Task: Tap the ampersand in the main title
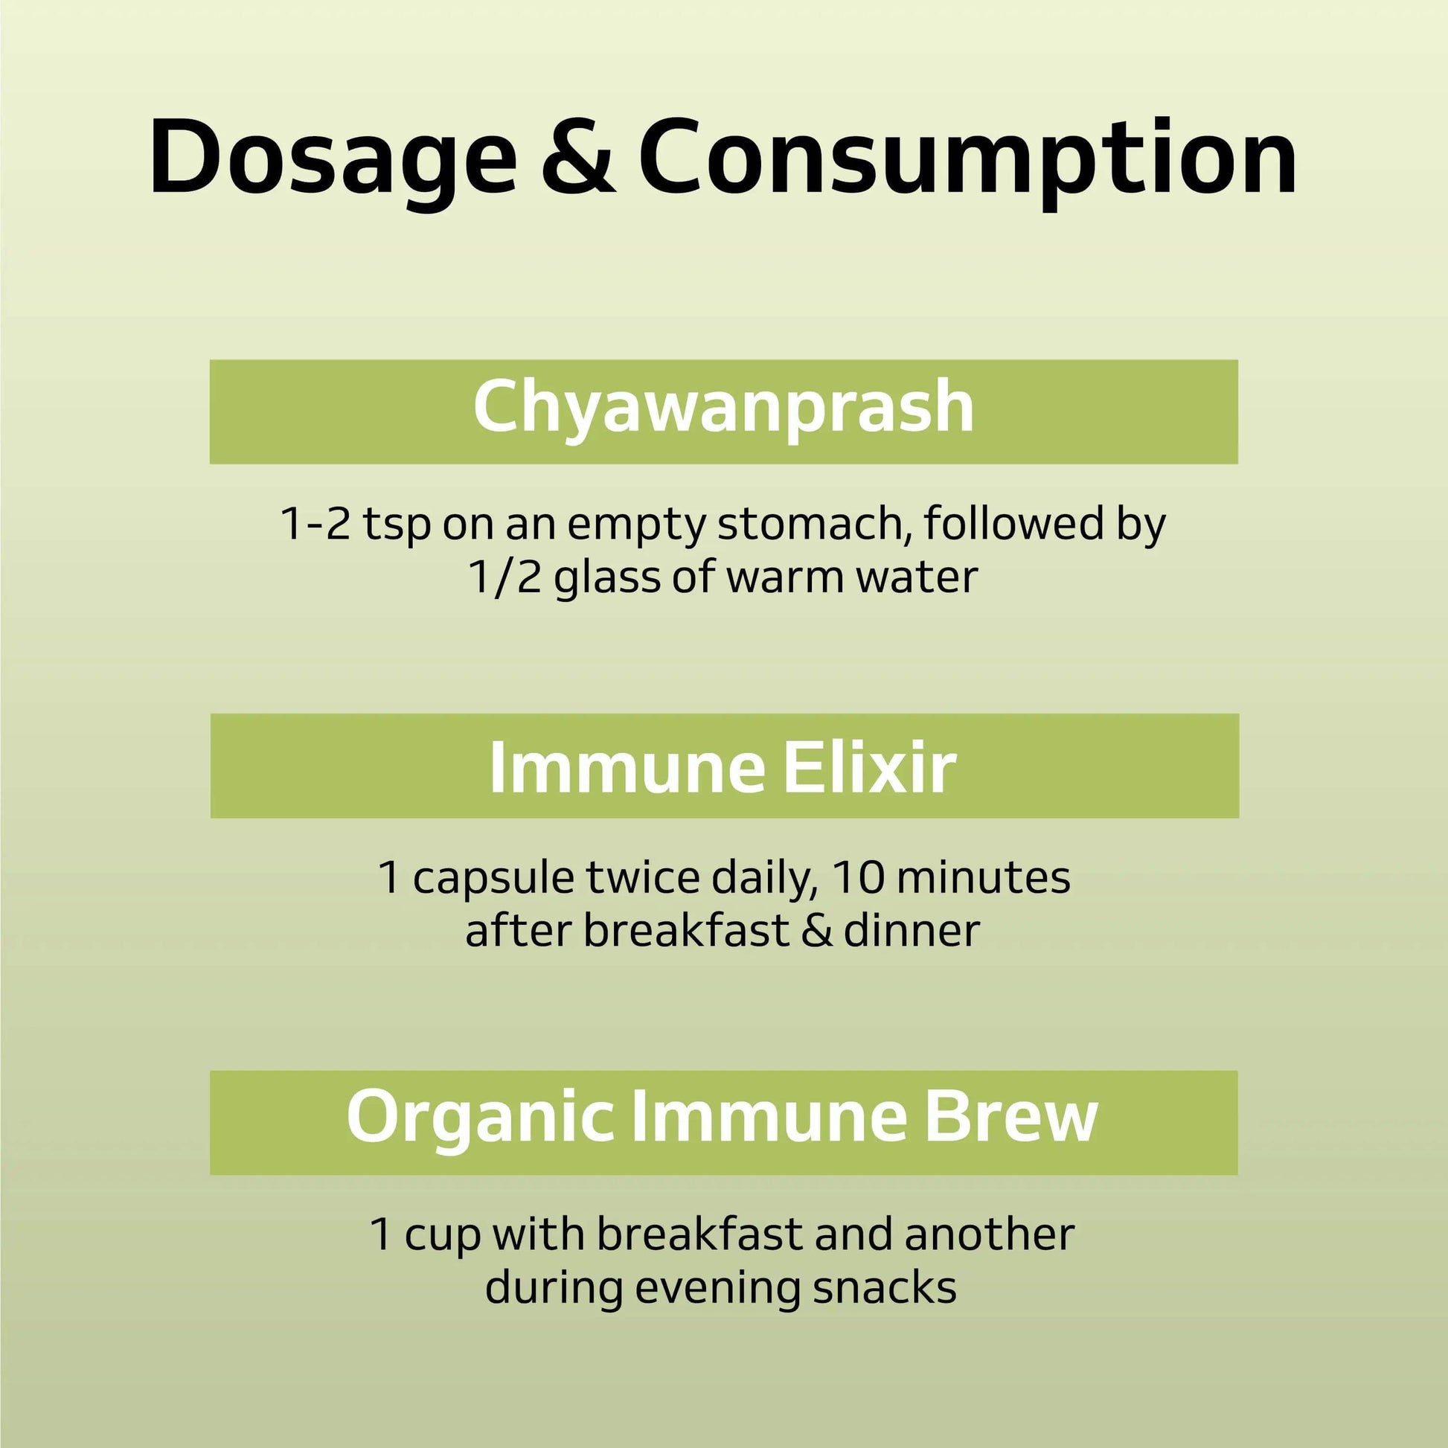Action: click(x=580, y=158)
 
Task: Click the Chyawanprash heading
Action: click(x=723, y=408)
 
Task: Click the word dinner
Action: click(x=912, y=931)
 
